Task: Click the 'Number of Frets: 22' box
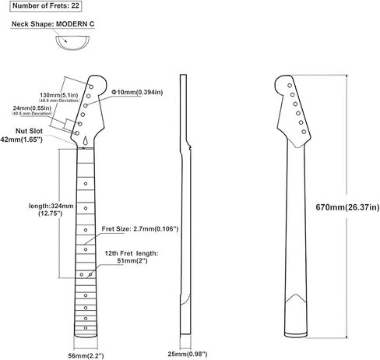(46, 6)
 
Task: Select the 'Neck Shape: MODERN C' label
(53, 24)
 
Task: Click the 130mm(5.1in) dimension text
(58, 95)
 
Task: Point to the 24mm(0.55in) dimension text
(32, 108)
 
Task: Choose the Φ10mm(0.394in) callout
(137, 92)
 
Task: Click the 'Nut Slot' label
(29, 131)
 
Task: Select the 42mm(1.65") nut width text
(22, 139)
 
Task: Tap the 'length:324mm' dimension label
(51, 206)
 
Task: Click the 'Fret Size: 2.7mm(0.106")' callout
(140, 229)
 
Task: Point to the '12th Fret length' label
(132, 253)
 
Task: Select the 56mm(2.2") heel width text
(86, 355)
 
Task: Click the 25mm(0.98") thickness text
(188, 354)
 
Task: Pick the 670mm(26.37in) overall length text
(347, 207)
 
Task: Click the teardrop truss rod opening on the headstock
(86, 141)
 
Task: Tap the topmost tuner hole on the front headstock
(91, 86)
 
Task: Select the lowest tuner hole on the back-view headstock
(304, 132)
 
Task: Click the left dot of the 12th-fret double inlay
(82, 274)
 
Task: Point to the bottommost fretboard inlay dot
(86, 328)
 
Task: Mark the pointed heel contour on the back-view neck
(296, 295)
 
